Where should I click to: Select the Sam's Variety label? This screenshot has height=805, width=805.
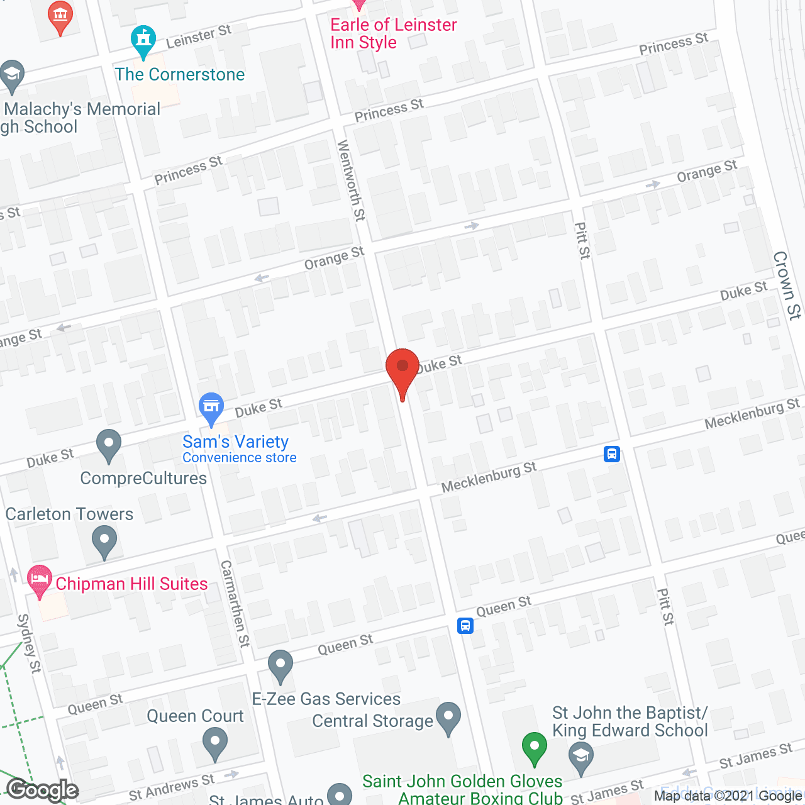tap(235, 442)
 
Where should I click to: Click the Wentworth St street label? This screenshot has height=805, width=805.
tap(351, 180)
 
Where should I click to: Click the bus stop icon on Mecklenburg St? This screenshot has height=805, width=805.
tap(612, 454)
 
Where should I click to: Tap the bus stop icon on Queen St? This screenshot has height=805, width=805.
tap(465, 625)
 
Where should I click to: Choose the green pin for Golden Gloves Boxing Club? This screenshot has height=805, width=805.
tap(534, 747)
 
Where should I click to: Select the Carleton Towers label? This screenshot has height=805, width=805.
tap(69, 514)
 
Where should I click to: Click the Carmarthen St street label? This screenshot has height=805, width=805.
tap(235, 604)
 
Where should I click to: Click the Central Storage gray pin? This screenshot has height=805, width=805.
tap(448, 717)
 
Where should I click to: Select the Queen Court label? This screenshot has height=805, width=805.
tap(195, 716)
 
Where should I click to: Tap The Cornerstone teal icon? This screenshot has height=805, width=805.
tap(144, 40)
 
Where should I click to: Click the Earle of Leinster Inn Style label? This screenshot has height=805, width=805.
tap(394, 33)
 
